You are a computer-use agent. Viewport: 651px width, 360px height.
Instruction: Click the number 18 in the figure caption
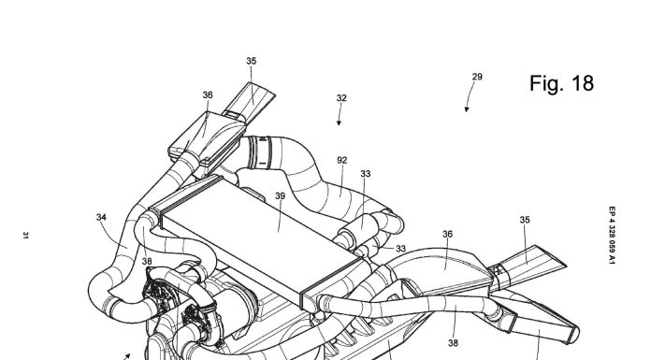pyautogui.click(x=583, y=83)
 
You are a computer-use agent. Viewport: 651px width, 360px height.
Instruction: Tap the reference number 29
pyautogui.click(x=477, y=77)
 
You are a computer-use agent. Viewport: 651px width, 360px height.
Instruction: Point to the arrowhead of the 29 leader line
pyautogui.click(x=467, y=109)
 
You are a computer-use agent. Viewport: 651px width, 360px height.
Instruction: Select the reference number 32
pyautogui.click(x=341, y=98)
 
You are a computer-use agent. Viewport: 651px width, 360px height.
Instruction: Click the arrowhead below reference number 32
pyautogui.click(x=339, y=122)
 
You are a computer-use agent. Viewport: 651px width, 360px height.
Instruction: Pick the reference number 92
pyautogui.click(x=342, y=160)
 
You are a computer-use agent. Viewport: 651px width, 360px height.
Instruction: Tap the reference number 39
pyautogui.click(x=281, y=196)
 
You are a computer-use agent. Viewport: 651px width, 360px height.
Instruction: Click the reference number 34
pyautogui.click(x=101, y=217)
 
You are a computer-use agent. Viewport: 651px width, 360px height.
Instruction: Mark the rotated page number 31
pyautogui.click(x=26, y=236)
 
